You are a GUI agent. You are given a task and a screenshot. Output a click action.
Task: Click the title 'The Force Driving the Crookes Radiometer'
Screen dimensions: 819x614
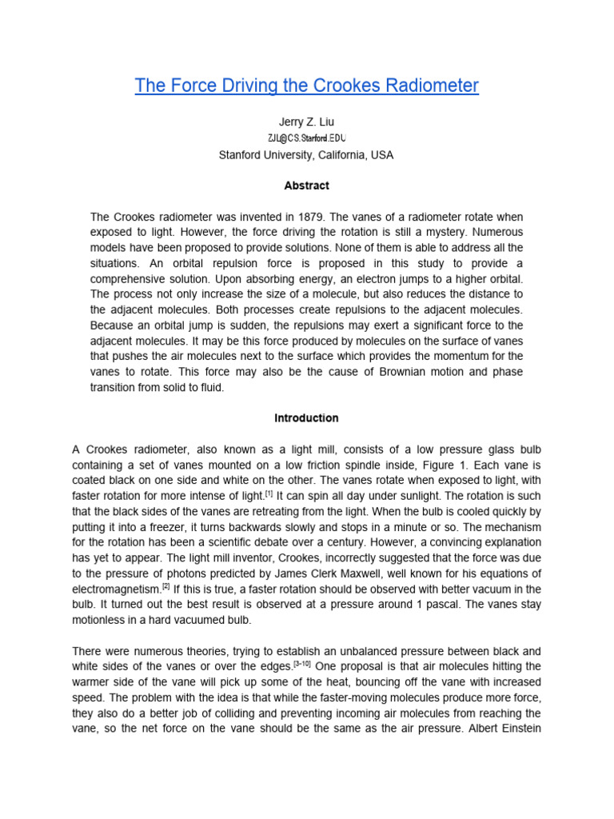tap(307, 86)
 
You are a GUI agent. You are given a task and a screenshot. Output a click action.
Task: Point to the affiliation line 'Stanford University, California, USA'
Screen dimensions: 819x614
tap(307, 155)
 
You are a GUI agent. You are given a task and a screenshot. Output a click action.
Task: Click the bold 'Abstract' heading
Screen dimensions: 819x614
tap(307, 186)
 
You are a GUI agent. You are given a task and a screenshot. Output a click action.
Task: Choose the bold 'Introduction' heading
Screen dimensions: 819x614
tap(307, 417)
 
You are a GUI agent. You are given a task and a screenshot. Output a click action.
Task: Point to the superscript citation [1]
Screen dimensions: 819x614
tap(269, 493)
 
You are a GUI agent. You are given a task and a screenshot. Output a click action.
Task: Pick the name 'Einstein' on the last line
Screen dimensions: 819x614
tap(520, 729)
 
